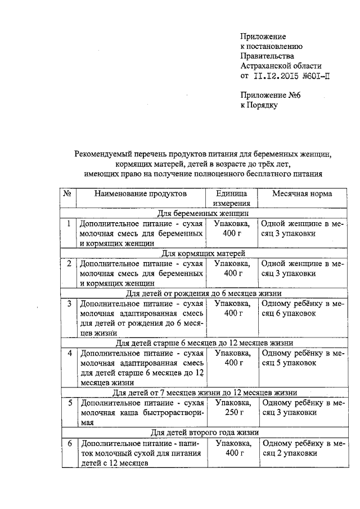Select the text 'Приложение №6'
point(271,95)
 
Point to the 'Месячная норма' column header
point(302,193)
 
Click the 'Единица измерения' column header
point(231,199)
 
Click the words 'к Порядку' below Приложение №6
point(259,105)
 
